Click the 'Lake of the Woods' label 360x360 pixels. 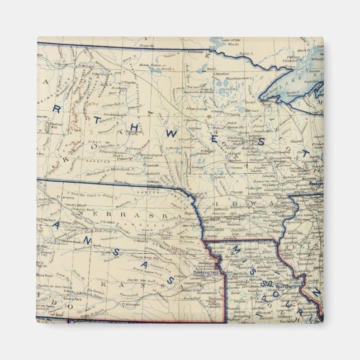(x=230, y=42)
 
